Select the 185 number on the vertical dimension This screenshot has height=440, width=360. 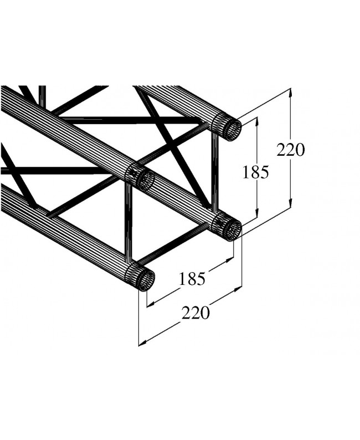coord(255,172)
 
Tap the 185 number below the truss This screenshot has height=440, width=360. coord(192,279)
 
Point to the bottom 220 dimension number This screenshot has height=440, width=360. coord(196,313)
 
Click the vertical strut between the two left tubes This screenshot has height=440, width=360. coord(128,222)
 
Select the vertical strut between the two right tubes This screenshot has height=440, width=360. coord(214,172)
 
